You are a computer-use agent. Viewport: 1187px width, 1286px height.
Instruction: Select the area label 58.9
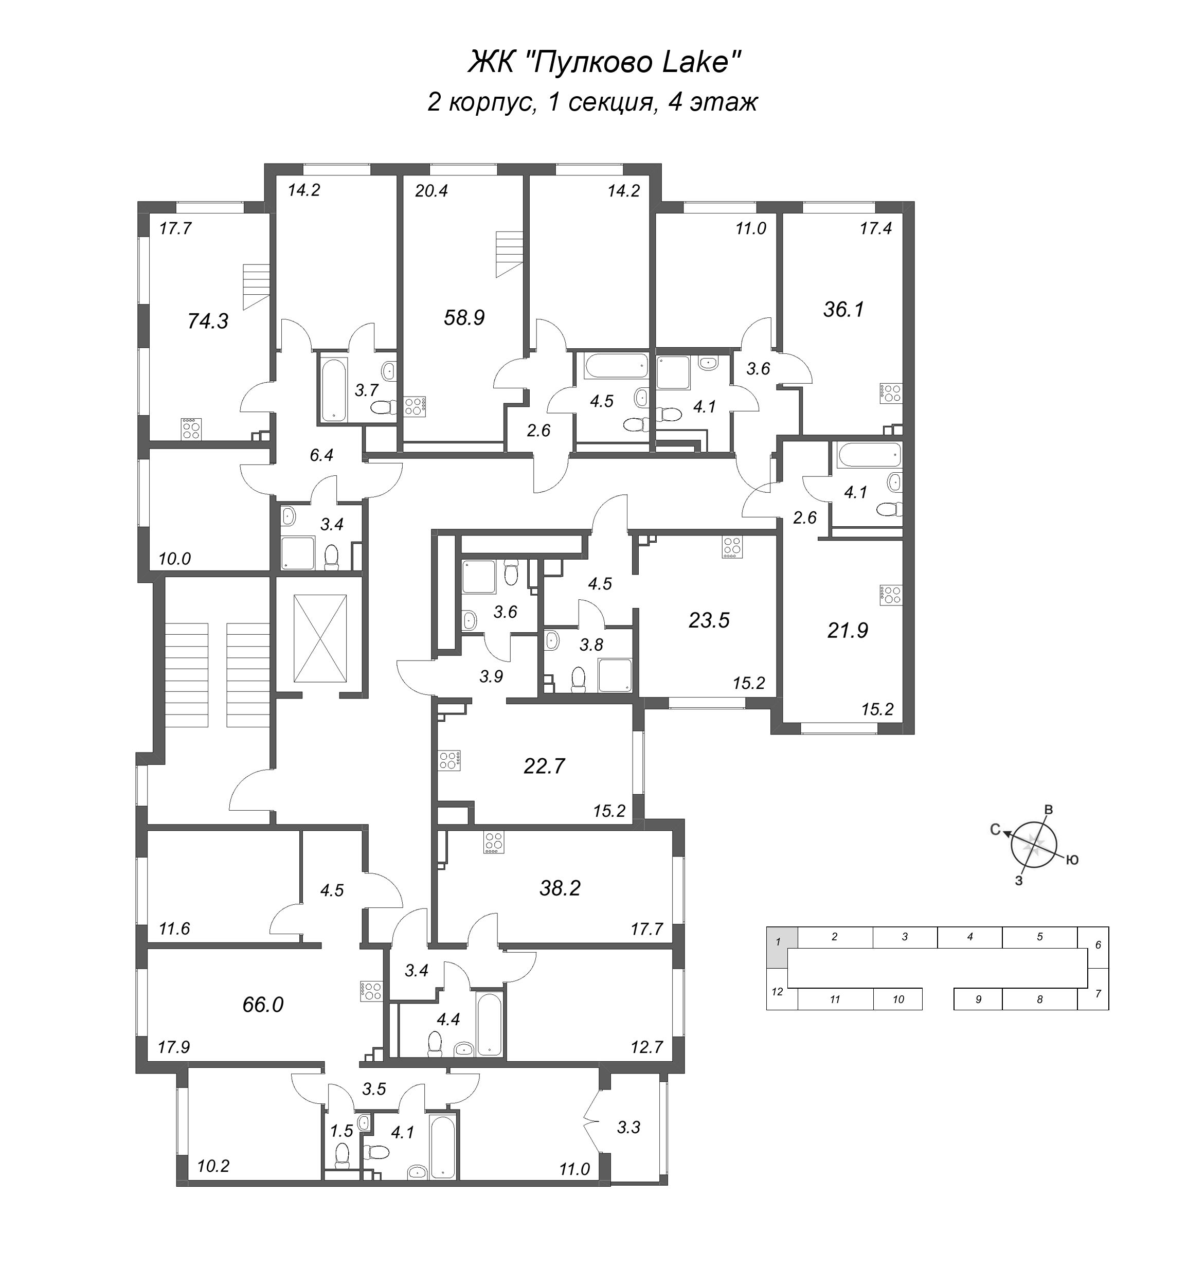(x=464, y=317)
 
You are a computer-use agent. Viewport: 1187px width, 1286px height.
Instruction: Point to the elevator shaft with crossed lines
(x=319, y=638)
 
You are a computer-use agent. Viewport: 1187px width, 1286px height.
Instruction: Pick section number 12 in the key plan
(x=777, y=992)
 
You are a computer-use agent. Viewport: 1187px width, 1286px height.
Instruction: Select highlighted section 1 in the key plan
(x=779, y=942)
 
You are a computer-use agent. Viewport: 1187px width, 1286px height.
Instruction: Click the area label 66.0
(x=263, y=1004)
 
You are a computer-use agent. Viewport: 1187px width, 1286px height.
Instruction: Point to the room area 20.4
(x=431, y=191)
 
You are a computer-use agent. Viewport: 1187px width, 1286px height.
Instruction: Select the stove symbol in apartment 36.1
(x=891, y=392)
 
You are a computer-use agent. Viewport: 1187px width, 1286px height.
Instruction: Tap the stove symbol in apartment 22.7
(x=449, y=760)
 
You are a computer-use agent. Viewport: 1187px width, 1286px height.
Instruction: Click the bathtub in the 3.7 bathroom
(x=333, y=390)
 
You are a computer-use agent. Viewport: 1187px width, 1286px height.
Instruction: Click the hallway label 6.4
(x=321, y=455)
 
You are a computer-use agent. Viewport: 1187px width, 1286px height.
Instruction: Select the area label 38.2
(x=560, y=888)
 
